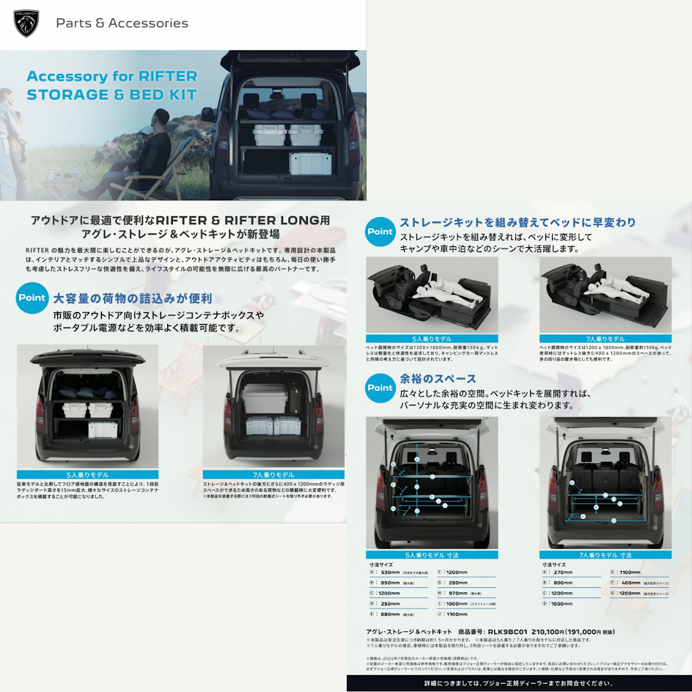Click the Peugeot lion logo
tap(26, 23)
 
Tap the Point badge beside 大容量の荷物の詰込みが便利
tap(32, 298)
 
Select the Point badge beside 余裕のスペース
tap(380, 388)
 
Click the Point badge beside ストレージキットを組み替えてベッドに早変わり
tap(380, 232)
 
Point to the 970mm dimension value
tap(459, 592)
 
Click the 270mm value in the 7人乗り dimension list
tap(564, 572)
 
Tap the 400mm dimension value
tap(631, 582)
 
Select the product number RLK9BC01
tap(508, 631)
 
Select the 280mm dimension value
tap(457, 582)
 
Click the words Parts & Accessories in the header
tap(122, 23)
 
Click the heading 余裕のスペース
tap(438, 379)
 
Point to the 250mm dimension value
tap(391, 603)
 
